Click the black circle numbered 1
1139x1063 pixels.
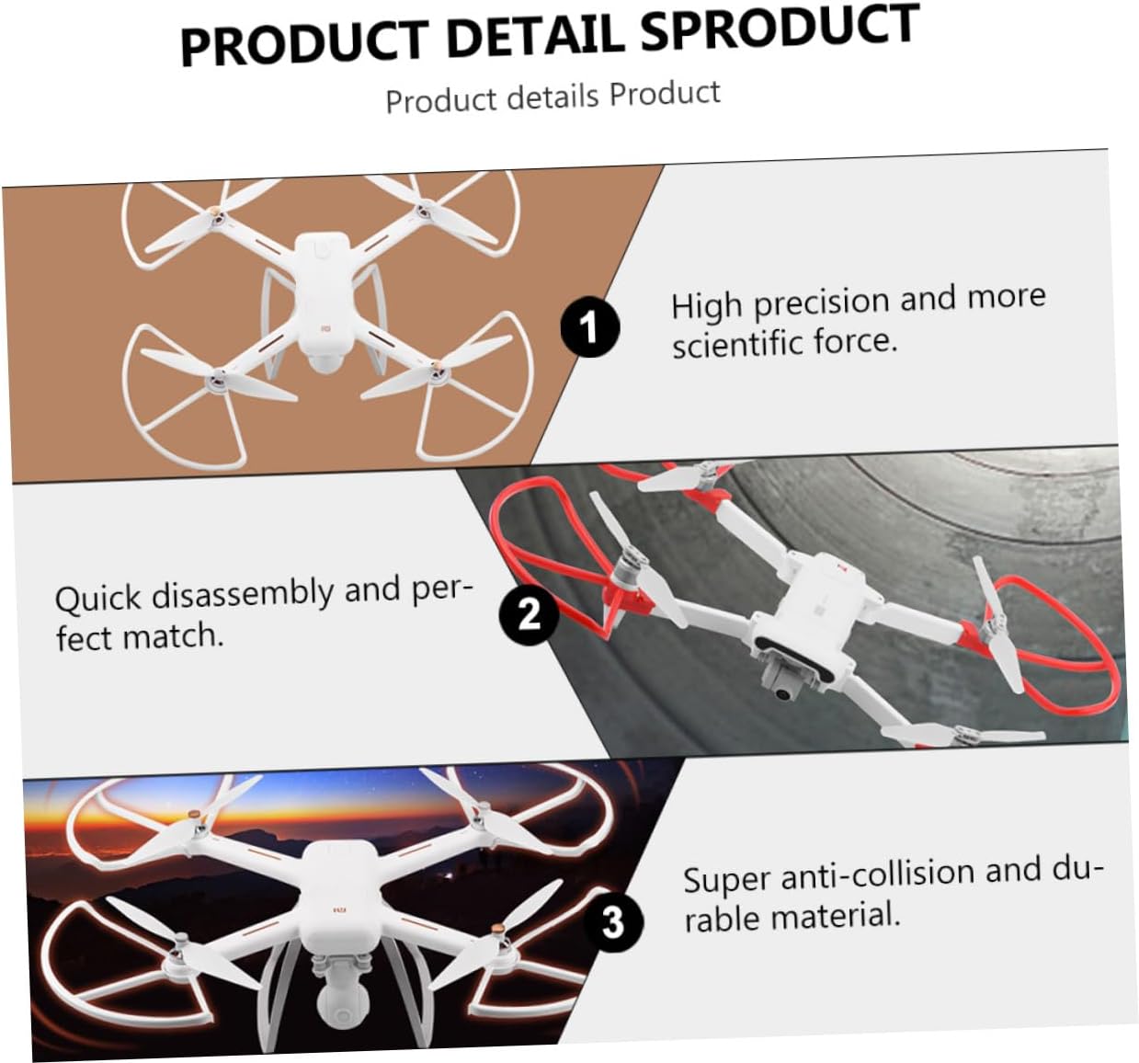point(589,326)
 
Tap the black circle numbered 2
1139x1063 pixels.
point(529,613)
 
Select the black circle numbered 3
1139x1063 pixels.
point(613,922)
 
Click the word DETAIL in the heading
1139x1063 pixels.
point(535,39)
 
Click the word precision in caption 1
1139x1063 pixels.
point(823,303)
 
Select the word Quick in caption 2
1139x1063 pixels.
point(98,599)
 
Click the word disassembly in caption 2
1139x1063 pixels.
point(242,595)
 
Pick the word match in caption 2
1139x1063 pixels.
point(172,637)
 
